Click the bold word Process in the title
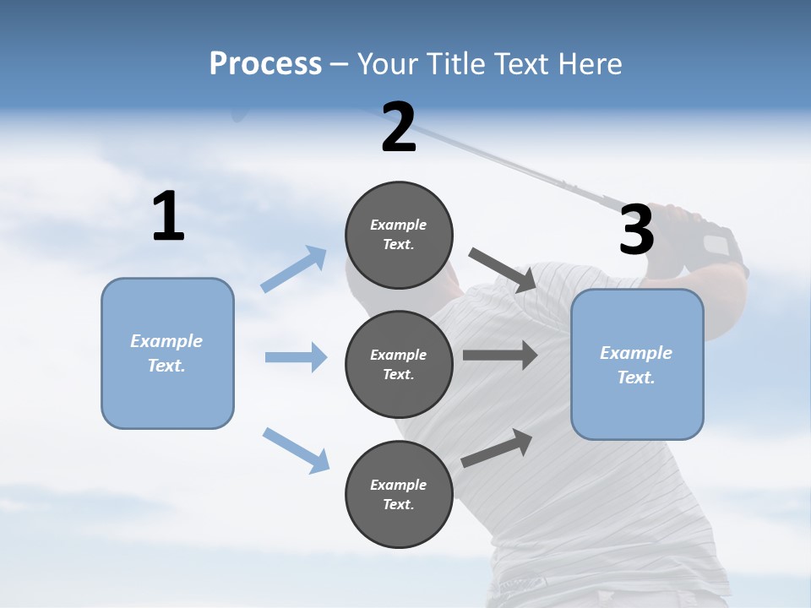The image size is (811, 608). tap(265, 63)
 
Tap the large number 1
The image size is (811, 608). tap(168, 217)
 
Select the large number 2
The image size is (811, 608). tap(399, 128)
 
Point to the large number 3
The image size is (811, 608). tap(637, 230)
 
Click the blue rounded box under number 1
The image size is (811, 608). tap(167, 353)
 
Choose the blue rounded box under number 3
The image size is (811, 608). tap(637, 365)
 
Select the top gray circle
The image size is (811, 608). tap(399, 235)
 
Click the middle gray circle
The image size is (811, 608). tap(399, 364)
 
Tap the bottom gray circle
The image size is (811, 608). tap(399, 495)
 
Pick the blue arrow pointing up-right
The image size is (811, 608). tap(294, 269)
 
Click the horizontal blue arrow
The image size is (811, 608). tap(296, 357)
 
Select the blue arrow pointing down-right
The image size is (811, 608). tap(296, 450)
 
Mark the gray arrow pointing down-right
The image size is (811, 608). tap(503, 269)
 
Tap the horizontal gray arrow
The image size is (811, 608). tap(500, 356)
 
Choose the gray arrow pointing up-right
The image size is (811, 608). tap(497, 448)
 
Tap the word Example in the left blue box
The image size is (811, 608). tap(166, 341)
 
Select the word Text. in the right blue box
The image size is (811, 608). tap(636, 377)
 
